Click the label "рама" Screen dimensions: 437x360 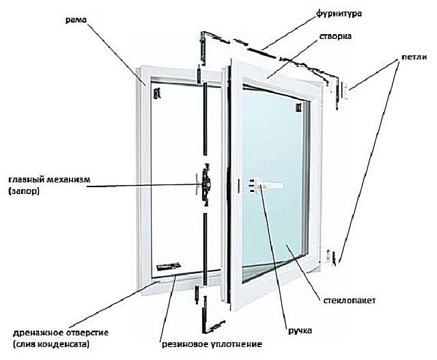click(x=76, y=20)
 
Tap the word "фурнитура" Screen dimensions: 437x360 click(x=339, y=14)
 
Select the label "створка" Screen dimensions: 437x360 click(x=335, y=36)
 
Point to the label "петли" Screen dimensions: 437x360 click(x=414, y=57)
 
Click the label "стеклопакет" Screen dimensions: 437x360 click(x=349, y=301)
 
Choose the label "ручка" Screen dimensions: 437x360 click(x=300, y=331)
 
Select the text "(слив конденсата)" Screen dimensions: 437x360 click(x=51, y=345)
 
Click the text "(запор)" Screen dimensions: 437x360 click(x=24, y=191)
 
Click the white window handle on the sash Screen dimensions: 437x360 click(x=266, y=185)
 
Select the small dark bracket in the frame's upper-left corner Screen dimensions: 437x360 click(x=158, y=93)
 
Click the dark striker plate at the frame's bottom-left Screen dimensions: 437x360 click(x=169, y=266)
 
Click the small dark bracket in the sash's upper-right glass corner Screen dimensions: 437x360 click(x=298, y=108)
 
